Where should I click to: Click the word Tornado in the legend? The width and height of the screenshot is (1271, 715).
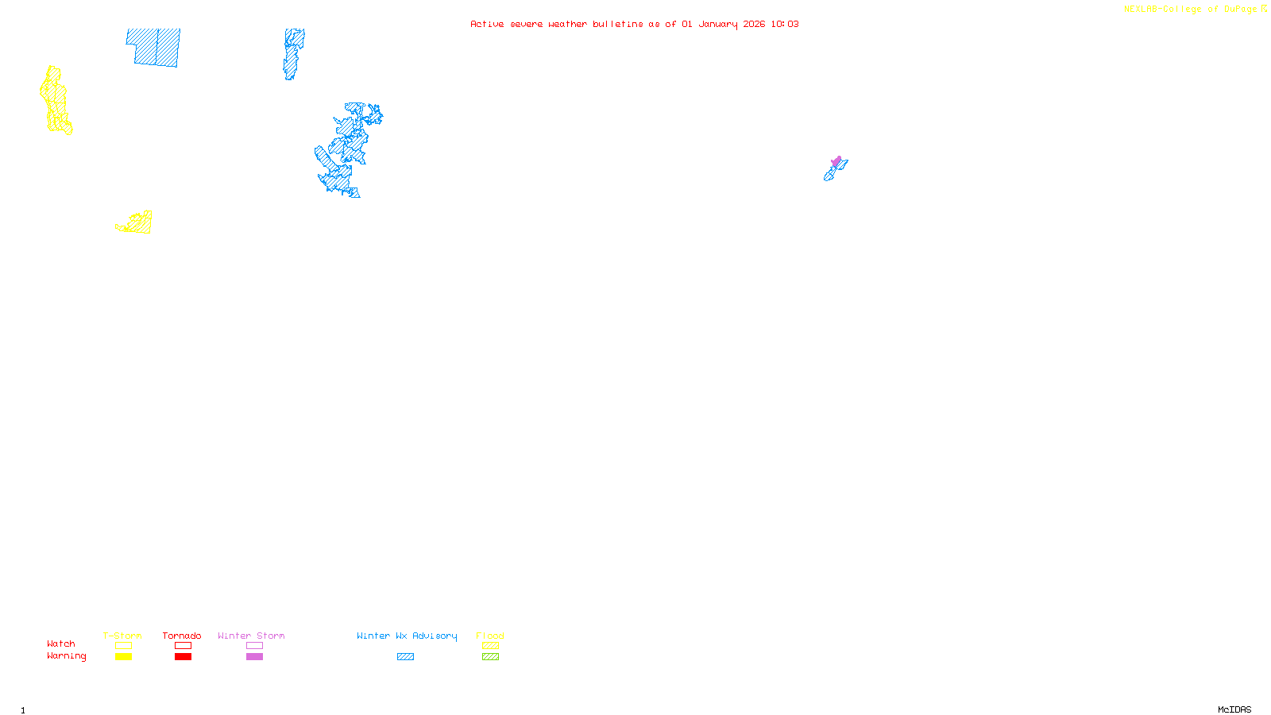[182, 636]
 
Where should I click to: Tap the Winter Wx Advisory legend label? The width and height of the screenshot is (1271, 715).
[407, 636]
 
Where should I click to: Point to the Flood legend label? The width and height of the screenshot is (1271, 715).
[490, 636]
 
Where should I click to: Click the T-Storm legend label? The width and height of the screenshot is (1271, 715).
[122, 636]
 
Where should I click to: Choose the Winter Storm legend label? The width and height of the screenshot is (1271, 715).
[251, 636]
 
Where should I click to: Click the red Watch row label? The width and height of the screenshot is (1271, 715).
[61, 643]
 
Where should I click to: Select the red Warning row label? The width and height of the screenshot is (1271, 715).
[66, 656]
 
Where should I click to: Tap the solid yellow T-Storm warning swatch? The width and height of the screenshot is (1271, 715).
[123, 657]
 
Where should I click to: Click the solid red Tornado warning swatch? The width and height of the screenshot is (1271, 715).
[183, 657]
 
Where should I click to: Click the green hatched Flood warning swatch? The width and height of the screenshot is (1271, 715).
[490, 657]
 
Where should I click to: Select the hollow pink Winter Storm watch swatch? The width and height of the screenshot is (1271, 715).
[254, 646]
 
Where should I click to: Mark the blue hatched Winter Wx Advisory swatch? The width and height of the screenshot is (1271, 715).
[405, 657]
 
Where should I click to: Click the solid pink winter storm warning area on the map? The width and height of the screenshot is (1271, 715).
[836, 161]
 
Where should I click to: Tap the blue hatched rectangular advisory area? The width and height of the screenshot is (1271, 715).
[154, 48]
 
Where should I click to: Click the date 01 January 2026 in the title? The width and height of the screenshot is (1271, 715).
[723, 24]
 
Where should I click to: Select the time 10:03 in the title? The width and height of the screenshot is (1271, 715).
[785, 24]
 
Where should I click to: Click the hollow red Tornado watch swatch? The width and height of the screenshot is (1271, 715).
[183, 646]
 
